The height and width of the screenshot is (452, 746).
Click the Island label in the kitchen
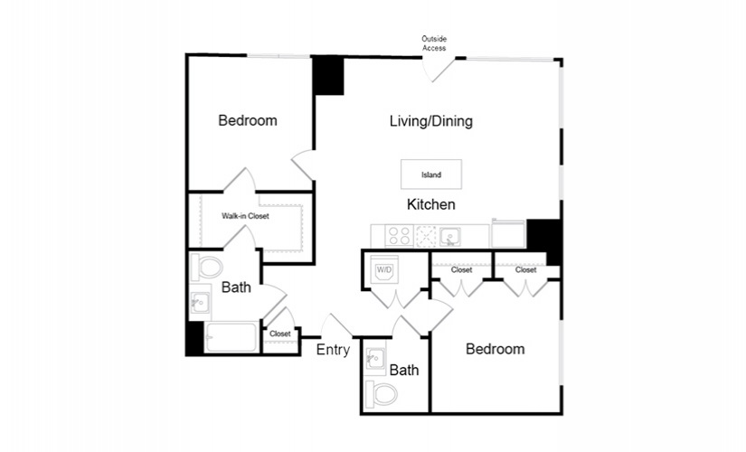(431, 174)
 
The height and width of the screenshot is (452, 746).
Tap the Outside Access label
(434, 43)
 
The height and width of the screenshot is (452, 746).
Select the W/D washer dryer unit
(384, 270)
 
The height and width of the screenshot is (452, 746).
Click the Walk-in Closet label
(245, 216)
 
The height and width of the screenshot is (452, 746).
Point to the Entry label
(333, 350)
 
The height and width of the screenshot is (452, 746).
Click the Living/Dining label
(431, 121)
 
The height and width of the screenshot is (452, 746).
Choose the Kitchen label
(431, 204)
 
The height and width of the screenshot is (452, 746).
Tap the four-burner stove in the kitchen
(399, 236)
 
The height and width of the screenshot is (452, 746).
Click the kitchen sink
(449, 237)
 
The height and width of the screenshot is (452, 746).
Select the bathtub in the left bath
(231, 337)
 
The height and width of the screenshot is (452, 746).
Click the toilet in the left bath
(206, 267)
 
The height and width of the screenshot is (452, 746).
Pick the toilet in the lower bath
(382, 393)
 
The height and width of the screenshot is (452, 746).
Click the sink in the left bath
(201, 302)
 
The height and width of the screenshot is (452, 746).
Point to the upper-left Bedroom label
(248, 120)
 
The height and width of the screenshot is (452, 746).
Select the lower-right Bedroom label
(496, 349)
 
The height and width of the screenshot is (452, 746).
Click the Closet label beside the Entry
(279, 334)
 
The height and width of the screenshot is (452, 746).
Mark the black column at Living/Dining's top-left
(328, 76)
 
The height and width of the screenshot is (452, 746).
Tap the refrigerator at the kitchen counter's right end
(508, 233)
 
